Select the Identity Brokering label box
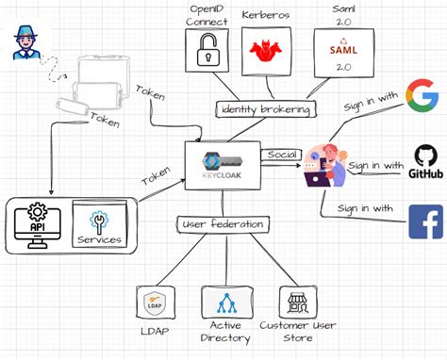pyautogui.click(x=265, y=109)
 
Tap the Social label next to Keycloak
pyautogui.click(x=281, y=154)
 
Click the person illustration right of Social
pyautogui.click(x=323, y=163)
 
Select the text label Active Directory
pyautogui.click(x=225, y=331)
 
